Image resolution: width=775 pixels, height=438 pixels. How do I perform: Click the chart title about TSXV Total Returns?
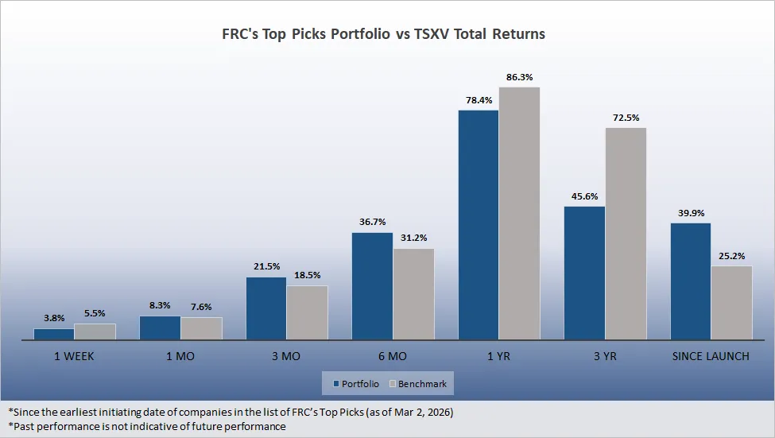[383, 35]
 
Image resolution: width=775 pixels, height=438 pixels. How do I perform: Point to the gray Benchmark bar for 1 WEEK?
[95, 331]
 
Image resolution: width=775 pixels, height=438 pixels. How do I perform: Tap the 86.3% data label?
[519, 77]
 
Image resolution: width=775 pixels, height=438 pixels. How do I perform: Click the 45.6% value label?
[584, 196]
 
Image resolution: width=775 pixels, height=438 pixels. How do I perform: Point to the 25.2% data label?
[731, 256]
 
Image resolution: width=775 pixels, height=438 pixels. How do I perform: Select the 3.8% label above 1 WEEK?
[54, 318]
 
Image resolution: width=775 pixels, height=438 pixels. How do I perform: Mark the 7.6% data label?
[201, 307]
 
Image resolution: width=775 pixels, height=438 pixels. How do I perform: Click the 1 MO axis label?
[180, 356]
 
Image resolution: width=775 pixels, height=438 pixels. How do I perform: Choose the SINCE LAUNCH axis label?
[711, 356]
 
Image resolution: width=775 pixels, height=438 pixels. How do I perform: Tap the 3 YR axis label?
[605, 356]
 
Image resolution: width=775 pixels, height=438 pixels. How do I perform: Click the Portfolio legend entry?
[355, 384]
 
